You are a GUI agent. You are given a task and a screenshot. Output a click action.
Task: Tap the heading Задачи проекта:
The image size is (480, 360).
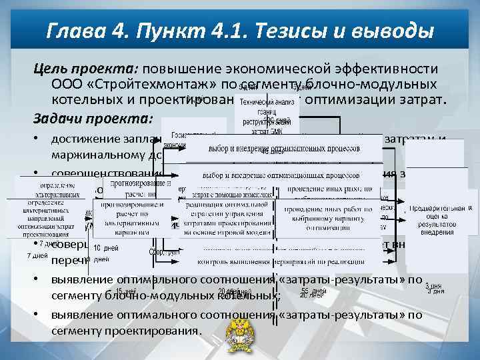pos(94,119)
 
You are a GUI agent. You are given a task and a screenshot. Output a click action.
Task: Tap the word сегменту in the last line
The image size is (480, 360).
pos(77,331)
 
